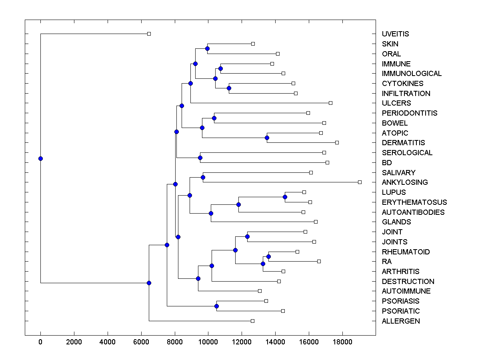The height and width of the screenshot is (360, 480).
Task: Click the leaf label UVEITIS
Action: coord(395,34)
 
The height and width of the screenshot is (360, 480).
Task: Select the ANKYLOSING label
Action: coord(405,182)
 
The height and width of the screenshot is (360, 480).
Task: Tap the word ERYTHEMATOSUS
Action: coord(414,202)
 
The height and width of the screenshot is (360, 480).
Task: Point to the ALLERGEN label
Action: coord(401,321)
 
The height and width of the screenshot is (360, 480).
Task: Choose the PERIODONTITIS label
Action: coord(410,113)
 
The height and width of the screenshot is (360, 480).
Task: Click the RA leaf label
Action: coord(387,262)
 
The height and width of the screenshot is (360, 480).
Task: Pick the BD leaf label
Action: coord(387,163)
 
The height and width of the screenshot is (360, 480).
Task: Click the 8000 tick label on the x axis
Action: coord(174,342)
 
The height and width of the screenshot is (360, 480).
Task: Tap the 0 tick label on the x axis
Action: coord(40,342)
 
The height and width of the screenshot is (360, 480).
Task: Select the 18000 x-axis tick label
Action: coord(342,342)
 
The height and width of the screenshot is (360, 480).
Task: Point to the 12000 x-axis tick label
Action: coord(242,342)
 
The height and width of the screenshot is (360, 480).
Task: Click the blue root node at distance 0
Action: coord(40,158)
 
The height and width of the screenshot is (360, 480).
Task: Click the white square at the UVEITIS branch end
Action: coord(149,34)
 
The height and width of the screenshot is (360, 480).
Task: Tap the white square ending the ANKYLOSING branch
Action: coord(360,182)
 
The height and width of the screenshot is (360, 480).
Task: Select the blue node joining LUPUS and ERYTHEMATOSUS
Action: coord(285,197)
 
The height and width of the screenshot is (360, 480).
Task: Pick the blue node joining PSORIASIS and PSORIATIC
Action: coord(216,306)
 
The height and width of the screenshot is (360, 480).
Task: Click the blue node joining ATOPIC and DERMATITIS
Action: coord(267,138)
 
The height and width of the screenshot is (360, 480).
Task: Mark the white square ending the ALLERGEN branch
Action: coord(252,321)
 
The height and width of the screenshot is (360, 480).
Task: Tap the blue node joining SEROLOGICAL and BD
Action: coord(200,158)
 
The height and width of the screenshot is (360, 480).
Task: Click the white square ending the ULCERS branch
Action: coord(330,103)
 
